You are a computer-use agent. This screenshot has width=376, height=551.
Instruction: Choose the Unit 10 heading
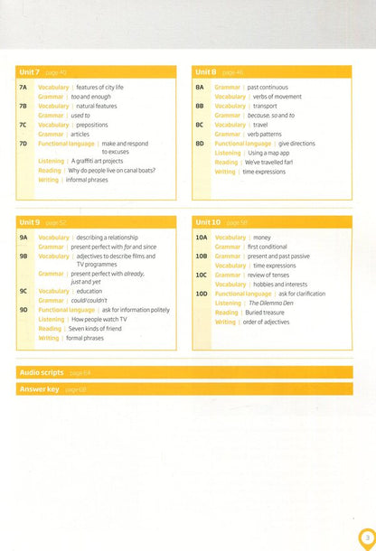210,222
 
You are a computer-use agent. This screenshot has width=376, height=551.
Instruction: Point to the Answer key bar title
40,388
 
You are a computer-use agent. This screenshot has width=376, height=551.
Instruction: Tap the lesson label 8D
199,143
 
